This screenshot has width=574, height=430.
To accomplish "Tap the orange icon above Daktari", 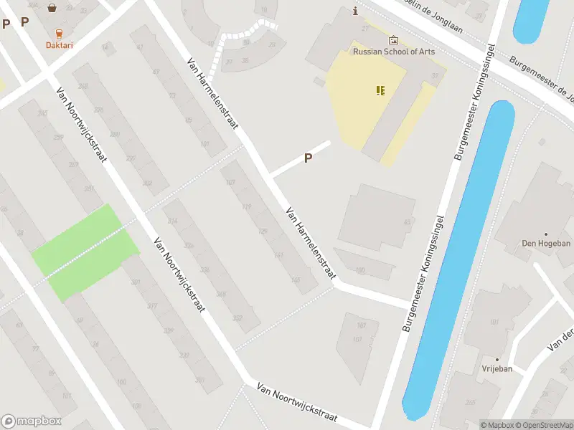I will [59, 32].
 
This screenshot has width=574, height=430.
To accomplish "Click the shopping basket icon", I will [52, 9].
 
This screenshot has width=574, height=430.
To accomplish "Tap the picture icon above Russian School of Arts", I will [393, 40].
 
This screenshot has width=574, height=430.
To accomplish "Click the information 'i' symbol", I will [355, 11].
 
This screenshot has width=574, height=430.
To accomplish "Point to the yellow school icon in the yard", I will [380, 90].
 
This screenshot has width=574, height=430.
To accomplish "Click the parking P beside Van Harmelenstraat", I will [309, 158].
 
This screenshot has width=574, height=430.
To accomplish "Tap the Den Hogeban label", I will [546, 244].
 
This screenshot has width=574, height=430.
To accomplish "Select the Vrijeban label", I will [497, 368].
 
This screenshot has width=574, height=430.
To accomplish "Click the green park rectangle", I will [85, 252].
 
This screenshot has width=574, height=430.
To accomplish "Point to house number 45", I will [408, 222].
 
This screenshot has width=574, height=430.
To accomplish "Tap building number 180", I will [360, 269].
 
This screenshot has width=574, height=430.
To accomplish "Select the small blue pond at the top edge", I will [532, 18].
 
